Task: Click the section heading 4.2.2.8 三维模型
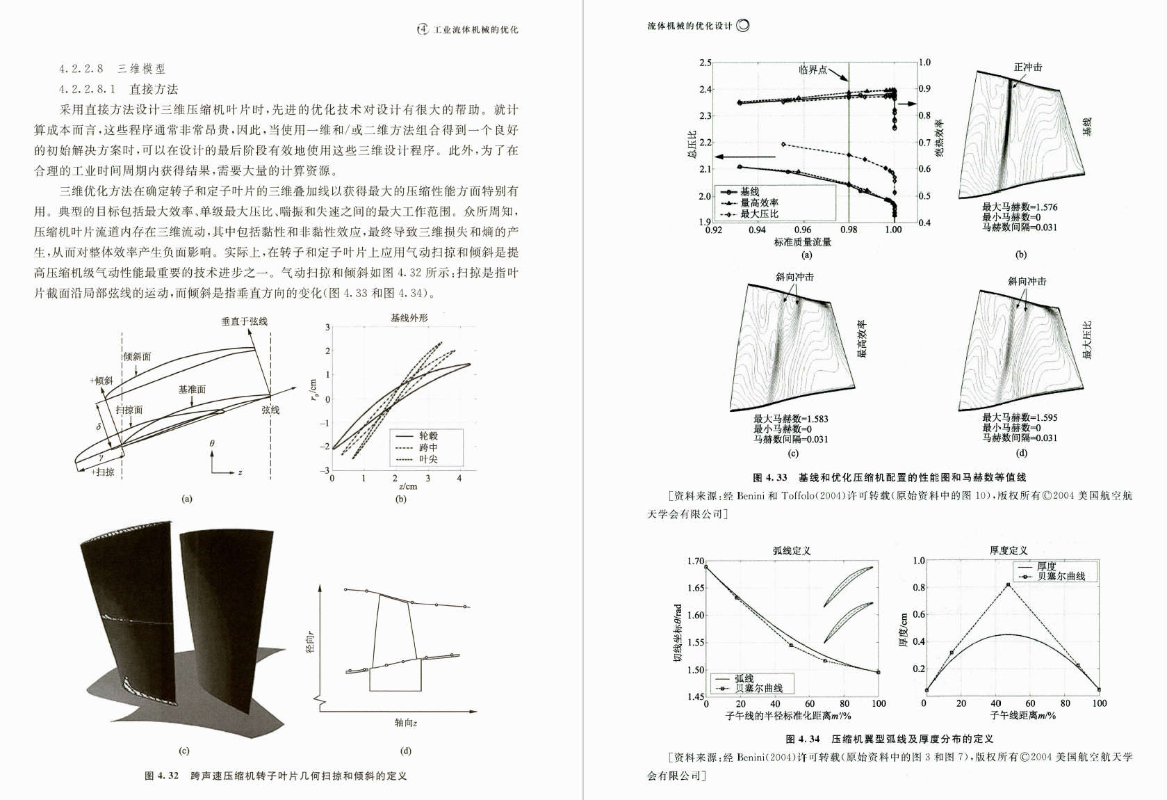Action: [x=113, y=69]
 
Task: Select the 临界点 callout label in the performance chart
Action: [x=813, y=70]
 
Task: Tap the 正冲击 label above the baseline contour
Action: [x=1028, y=67]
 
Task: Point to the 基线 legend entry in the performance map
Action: [x=749, y=191]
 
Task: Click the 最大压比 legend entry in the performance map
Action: [x=759, y=214]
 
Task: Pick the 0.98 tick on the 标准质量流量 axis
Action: [x=848, y=230]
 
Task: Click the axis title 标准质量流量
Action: [x=803, y=241]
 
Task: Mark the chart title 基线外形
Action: [x=409, y=318]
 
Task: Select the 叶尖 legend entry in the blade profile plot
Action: [x=428, y=459]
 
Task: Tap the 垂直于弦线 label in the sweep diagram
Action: [x=245, y=321]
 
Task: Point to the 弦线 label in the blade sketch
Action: [x=271, y=410]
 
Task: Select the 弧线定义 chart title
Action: [x=792, y=550]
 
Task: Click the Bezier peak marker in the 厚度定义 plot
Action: [x=1008, y=585]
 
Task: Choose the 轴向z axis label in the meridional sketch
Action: [x=406, y=723]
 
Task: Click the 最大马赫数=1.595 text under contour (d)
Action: [x=1020, y=417]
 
